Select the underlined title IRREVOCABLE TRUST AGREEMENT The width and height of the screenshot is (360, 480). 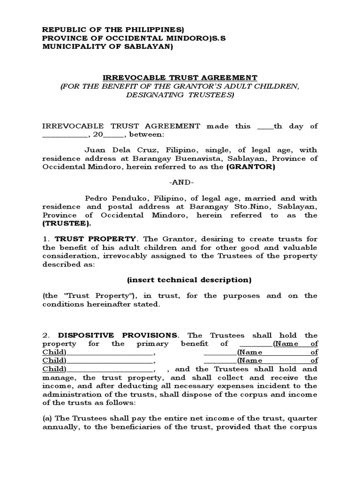[180, 77]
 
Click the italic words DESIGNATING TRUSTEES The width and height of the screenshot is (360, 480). [180, 95]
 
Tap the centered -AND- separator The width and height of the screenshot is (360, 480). [180, 182]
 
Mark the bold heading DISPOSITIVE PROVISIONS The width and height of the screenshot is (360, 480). [118, 335]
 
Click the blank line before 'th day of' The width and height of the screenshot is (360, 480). [264, 126]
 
